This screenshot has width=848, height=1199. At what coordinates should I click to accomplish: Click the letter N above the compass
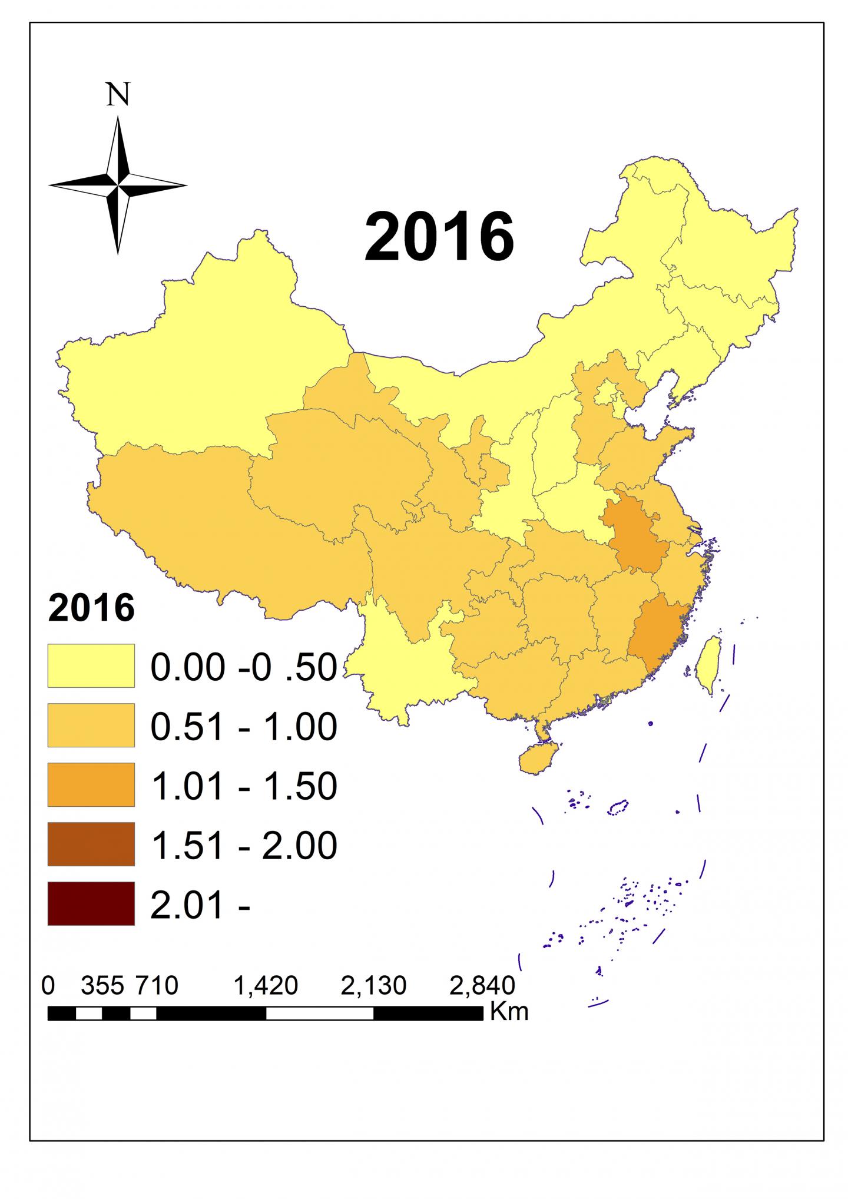118,94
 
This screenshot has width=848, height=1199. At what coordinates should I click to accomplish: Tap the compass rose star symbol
118,185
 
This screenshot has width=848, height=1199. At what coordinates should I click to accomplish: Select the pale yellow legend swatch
91,665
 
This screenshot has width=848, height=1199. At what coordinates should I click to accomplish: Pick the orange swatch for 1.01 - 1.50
91,784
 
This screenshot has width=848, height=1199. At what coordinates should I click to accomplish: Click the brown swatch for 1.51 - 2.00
91,844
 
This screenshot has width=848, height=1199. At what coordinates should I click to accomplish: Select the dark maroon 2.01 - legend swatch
91,903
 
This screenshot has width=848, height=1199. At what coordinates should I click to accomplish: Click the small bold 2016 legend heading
91,608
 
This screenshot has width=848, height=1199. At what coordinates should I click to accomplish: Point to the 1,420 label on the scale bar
266,985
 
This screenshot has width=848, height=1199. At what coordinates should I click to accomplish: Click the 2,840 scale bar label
482,985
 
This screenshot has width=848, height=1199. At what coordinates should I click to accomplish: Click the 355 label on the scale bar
102,985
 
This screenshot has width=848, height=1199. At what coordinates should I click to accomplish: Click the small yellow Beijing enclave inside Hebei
607,391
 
